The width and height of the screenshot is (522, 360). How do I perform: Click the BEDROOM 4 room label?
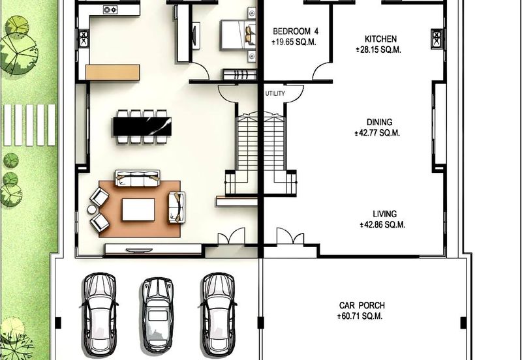click(296, 31)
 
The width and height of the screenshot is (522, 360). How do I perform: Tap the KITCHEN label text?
click(380, 39)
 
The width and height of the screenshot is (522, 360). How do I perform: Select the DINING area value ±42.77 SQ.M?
click(378, 133)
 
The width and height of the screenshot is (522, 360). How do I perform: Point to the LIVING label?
click(384, 214)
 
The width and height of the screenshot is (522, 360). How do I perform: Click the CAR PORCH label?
click(362, 305)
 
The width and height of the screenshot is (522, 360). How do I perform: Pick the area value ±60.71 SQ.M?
click(360, 316)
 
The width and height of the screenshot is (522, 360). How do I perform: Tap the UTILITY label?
click(275, 93)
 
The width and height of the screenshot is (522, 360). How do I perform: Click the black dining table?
click(142, 126)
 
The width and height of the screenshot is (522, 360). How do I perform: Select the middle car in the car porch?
click(157, 315)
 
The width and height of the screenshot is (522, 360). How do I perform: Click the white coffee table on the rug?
click(138, 209)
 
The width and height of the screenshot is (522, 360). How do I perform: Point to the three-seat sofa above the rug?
click(138, 178)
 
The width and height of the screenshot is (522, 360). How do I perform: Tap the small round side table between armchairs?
click(91, 209)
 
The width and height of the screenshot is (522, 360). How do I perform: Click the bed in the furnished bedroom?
click(238, 35)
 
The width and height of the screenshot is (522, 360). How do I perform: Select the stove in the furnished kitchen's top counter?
click(110, 10)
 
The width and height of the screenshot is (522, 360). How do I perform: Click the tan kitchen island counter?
click(112, 72)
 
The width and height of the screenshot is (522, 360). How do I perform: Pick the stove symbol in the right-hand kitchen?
click(437, 39)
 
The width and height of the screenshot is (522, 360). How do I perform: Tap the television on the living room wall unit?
click(139, 250)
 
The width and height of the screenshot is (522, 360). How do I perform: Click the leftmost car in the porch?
click(100, 314)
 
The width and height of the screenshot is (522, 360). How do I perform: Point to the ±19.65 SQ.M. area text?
click(294, 42)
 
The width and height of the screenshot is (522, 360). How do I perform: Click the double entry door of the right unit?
click(290, 236)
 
